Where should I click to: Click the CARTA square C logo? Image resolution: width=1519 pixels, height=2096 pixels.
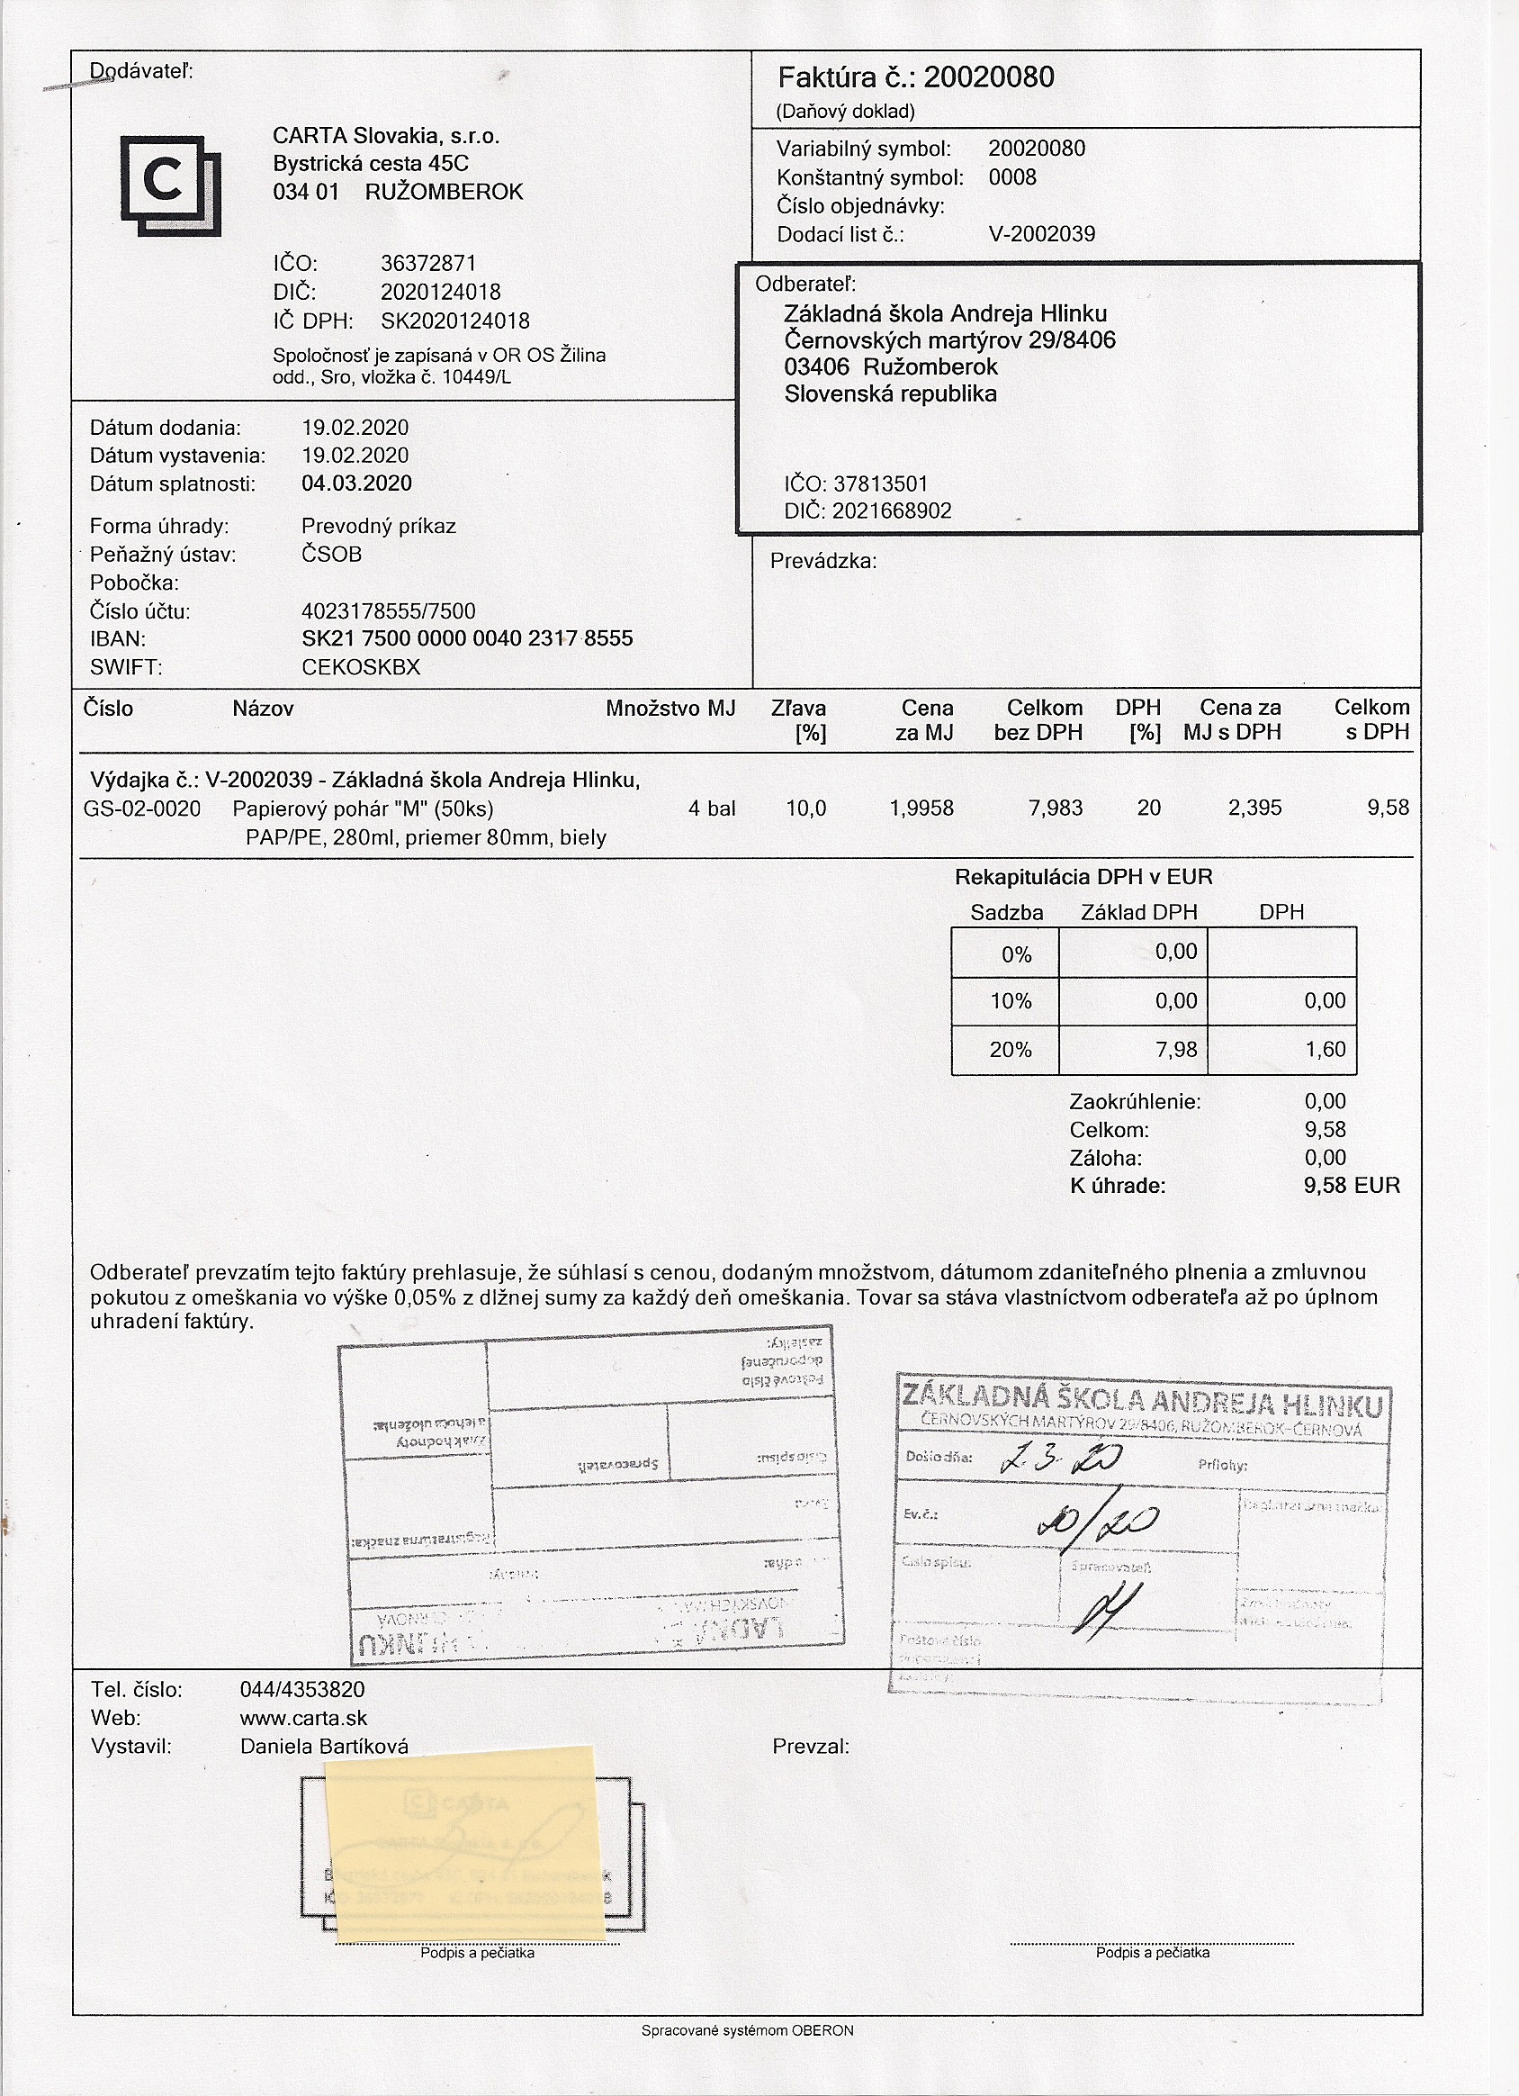click(170, 185)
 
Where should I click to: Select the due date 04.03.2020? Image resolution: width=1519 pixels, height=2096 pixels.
click(356, 483)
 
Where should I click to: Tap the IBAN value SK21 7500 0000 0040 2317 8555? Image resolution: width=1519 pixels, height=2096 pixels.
click(467, 638)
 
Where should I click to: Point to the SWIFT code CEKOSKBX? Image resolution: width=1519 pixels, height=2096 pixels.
click(360, 667)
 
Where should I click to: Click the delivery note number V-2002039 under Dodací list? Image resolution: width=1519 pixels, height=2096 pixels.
click(1041, 235)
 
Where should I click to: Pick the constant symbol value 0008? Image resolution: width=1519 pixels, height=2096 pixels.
click(1011, 177)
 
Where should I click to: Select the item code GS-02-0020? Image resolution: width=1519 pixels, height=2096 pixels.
click(141, 809)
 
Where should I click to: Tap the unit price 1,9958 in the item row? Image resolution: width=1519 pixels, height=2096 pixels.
click(921, 809)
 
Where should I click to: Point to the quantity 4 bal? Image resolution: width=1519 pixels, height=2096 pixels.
click(712, 809)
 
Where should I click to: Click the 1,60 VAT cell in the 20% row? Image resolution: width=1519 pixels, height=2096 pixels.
click(1324, 1050)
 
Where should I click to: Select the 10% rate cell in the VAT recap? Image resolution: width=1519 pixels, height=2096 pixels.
click(1010, 1002)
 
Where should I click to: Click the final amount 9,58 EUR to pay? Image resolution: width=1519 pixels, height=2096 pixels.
click(1351, 1186)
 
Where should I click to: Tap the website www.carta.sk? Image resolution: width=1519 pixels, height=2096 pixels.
click(303, 1718)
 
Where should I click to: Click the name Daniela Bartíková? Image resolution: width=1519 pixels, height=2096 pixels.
click(323, 1747)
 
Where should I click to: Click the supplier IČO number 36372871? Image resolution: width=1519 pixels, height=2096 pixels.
click(427, 264)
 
